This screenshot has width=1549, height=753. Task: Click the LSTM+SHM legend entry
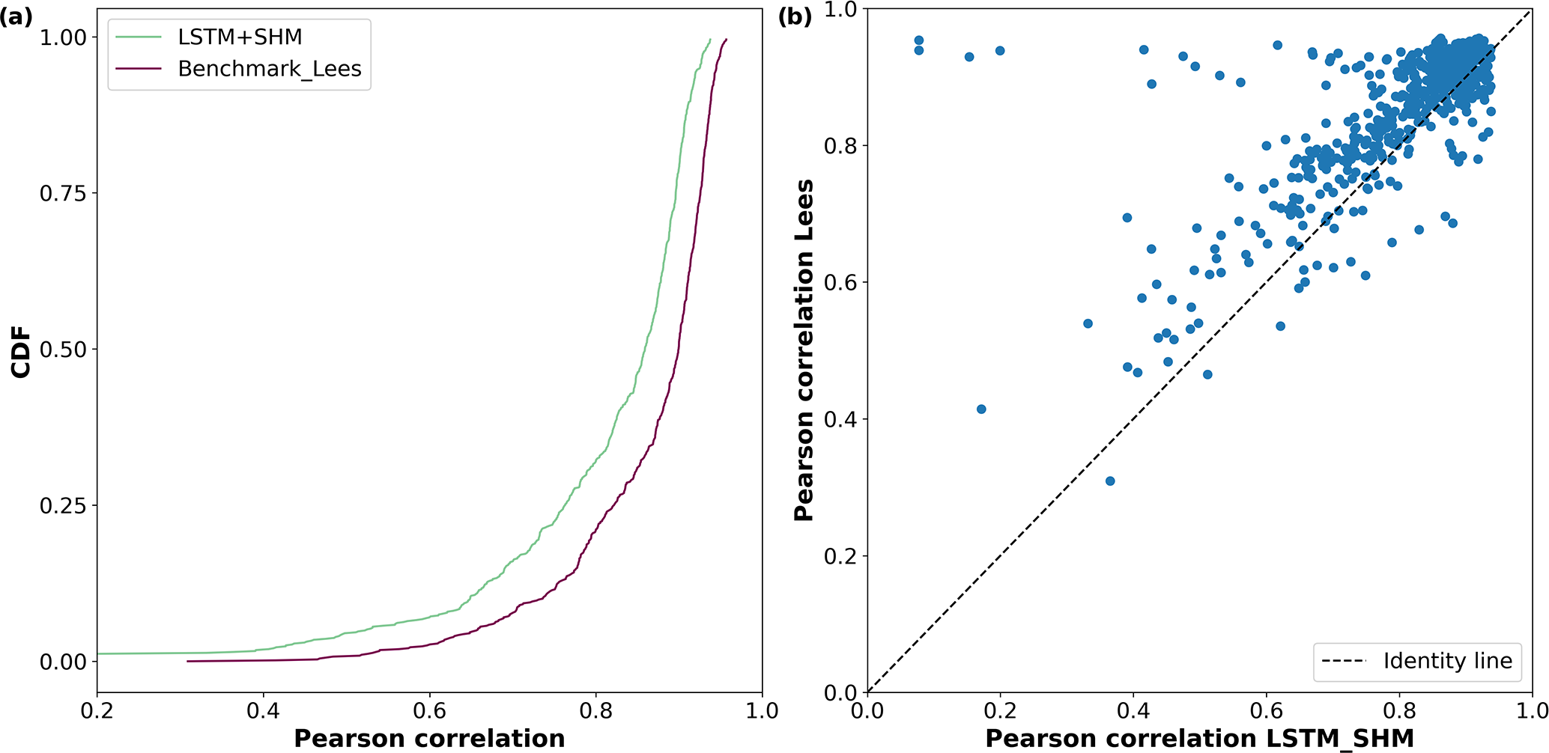coord(240,37)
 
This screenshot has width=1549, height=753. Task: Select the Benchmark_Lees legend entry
coord(270,69)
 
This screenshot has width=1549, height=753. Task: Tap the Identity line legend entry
coord(1447,661)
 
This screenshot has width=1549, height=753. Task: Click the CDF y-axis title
coord(21,352)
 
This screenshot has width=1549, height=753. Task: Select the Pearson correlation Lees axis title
coord(804,350)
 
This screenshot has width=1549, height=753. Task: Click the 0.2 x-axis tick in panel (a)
coord(97,710)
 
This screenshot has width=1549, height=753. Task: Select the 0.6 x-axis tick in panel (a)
coord(429,710)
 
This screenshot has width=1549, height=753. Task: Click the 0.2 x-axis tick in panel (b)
coord(1000,710)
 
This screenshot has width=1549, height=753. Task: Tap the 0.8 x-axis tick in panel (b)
coord(1399,710)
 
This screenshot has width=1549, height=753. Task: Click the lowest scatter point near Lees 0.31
coord(1110,481)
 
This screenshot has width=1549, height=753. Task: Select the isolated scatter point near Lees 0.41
coord(981,409)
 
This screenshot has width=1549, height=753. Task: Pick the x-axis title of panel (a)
coord(429,738)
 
